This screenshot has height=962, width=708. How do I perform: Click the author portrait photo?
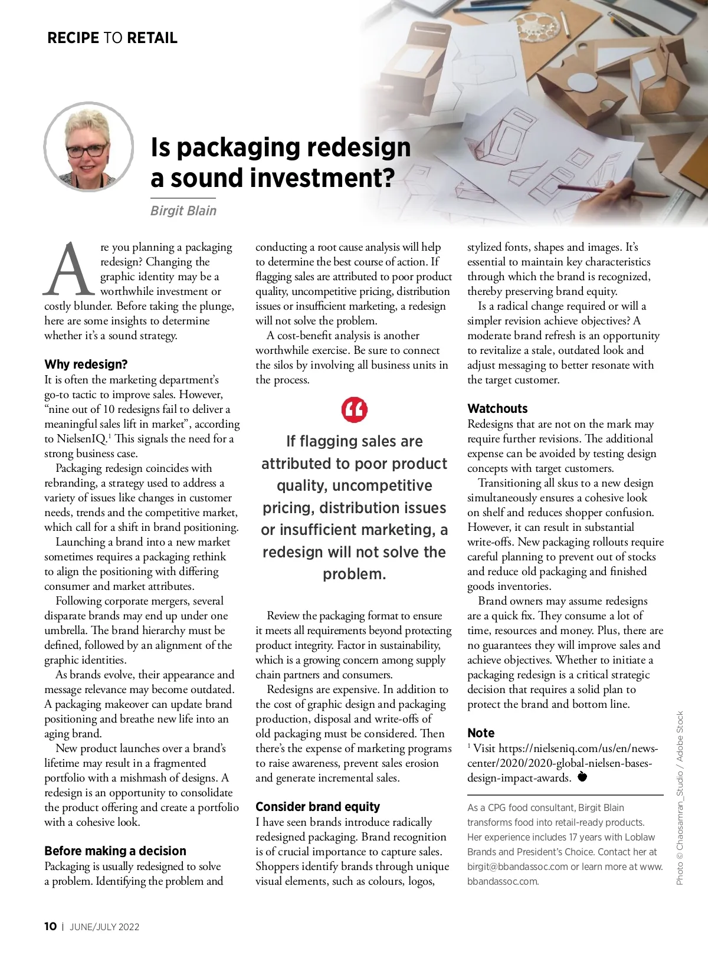(x=89, y=147)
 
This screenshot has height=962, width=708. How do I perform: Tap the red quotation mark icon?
(x=354, y=410)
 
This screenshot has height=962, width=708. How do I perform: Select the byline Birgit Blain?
(x=183, y=211)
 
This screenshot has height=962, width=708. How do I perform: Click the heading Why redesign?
(x=86, y=365)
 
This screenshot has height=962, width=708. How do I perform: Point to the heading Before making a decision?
(x=115, y=851)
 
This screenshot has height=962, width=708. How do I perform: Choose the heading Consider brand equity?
(x=317, y=807)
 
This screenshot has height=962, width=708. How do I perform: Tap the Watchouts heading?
(x=497, y=409)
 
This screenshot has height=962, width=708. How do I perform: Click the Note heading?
(x=481, y=733)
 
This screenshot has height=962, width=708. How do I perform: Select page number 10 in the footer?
(x=51, y=927)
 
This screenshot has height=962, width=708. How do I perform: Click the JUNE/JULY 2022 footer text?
(x=104, y=927)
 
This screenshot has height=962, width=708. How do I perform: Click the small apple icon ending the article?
(x=582, y=776)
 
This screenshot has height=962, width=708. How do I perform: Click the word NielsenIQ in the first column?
(x=81, y=439)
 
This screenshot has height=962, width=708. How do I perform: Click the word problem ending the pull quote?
(x=354, y=574)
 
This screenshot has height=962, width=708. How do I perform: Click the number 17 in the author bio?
(x=576, y=837)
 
